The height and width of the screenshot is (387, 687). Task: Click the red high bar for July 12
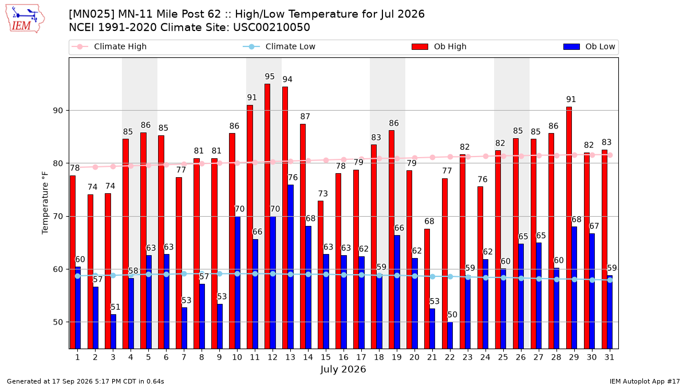[x=267, y=216]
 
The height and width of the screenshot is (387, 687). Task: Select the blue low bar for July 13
[x=290, y=267]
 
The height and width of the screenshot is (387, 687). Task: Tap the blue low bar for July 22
[x=450, y=335]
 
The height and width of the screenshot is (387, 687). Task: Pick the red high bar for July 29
[x=569, y=228]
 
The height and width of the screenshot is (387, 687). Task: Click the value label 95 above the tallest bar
[x=270, y=76]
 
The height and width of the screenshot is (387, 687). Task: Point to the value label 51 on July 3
[x=115, y=307]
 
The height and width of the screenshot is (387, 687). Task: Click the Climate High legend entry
[x=109, y=46]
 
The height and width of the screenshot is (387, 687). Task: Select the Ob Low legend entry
[x=589, y=46]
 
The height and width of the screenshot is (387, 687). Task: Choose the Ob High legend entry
[x=439, y=46]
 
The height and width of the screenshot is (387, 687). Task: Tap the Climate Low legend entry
[x=279, y=46]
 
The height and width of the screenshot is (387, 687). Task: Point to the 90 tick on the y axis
[x=58, y=111]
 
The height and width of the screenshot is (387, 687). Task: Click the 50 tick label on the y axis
[x=58, y=322]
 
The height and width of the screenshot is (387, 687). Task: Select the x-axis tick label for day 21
[x=432, y=357]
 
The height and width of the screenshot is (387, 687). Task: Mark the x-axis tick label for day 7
[x=184, y=357]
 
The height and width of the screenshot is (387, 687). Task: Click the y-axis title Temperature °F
[x=45, y=203]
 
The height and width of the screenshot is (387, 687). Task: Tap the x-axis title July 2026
[x=343, y=369]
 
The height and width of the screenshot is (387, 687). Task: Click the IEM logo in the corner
[x=25, y=19]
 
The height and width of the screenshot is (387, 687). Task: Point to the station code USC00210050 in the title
[x=271, y=28]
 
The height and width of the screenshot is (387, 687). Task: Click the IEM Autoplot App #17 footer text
[x=645, y=381]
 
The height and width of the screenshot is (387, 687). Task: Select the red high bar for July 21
[x=427, y=289]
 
